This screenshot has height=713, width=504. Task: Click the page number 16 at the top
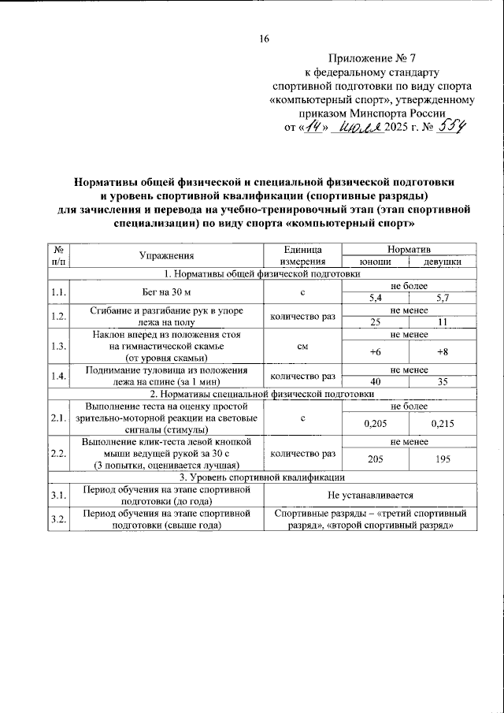[x=264, y=39]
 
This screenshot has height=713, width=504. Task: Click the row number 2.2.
[x=57, y=453]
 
